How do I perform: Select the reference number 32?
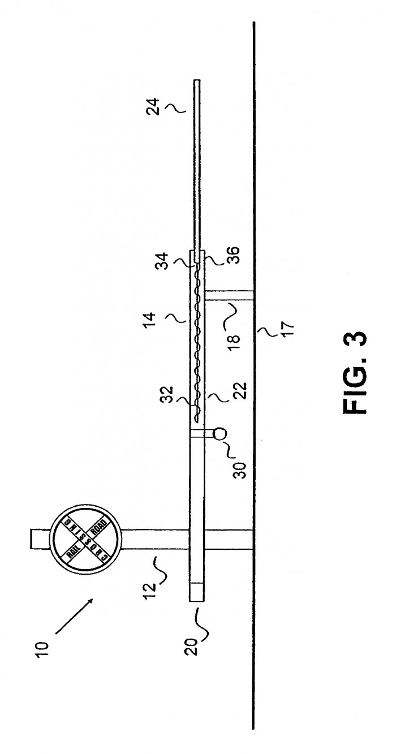click(x=167, y=394)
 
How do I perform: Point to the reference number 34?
click(x=163, y=259)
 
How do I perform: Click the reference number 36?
click(x=233, y=256)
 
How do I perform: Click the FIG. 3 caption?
click(x=354, y=373)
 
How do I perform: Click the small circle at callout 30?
click(x=220, y=433)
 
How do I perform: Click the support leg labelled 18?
click(x=229, y=295)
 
